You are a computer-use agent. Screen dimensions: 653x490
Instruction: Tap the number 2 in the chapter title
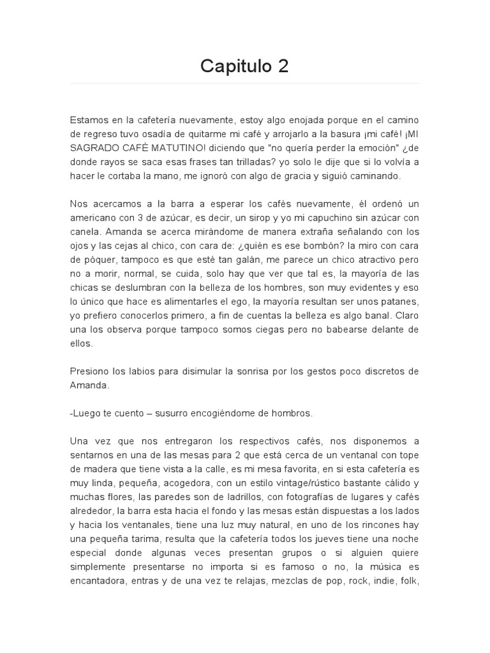pos(283,66)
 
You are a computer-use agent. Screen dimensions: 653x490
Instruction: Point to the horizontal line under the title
pos(245,83)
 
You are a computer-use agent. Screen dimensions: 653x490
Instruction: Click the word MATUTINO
pos(175,147)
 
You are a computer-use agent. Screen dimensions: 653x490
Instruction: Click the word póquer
pos(100,260)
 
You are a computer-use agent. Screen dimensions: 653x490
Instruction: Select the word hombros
pos(292,413)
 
